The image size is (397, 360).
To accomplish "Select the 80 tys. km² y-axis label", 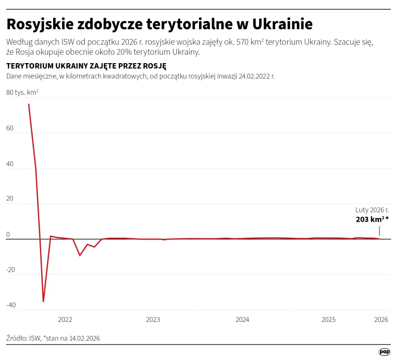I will [23, 93].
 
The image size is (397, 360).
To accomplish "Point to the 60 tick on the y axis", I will [10, 128].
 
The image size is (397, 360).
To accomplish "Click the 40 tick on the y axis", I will [10, 164].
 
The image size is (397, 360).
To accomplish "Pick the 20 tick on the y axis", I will [10, 199].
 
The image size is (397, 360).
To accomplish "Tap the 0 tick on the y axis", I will [8, 234].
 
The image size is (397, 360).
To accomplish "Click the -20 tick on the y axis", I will [11, 270].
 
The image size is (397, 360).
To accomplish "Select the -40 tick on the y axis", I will [11, 305].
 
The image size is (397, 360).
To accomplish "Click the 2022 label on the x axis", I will [65, 319].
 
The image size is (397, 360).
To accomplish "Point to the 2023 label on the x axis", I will [153, 319].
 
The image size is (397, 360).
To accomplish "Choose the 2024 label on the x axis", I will [242, 319].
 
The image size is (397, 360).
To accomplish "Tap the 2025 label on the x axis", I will [328, 319].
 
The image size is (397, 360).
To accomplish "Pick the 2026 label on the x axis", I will [381, 319].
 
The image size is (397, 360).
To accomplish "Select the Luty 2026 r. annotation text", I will [372, 210].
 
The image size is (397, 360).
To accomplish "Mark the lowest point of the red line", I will [44, 301].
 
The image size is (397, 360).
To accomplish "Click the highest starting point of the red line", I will [29, 104].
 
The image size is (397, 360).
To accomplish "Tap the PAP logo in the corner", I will [384, 352].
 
